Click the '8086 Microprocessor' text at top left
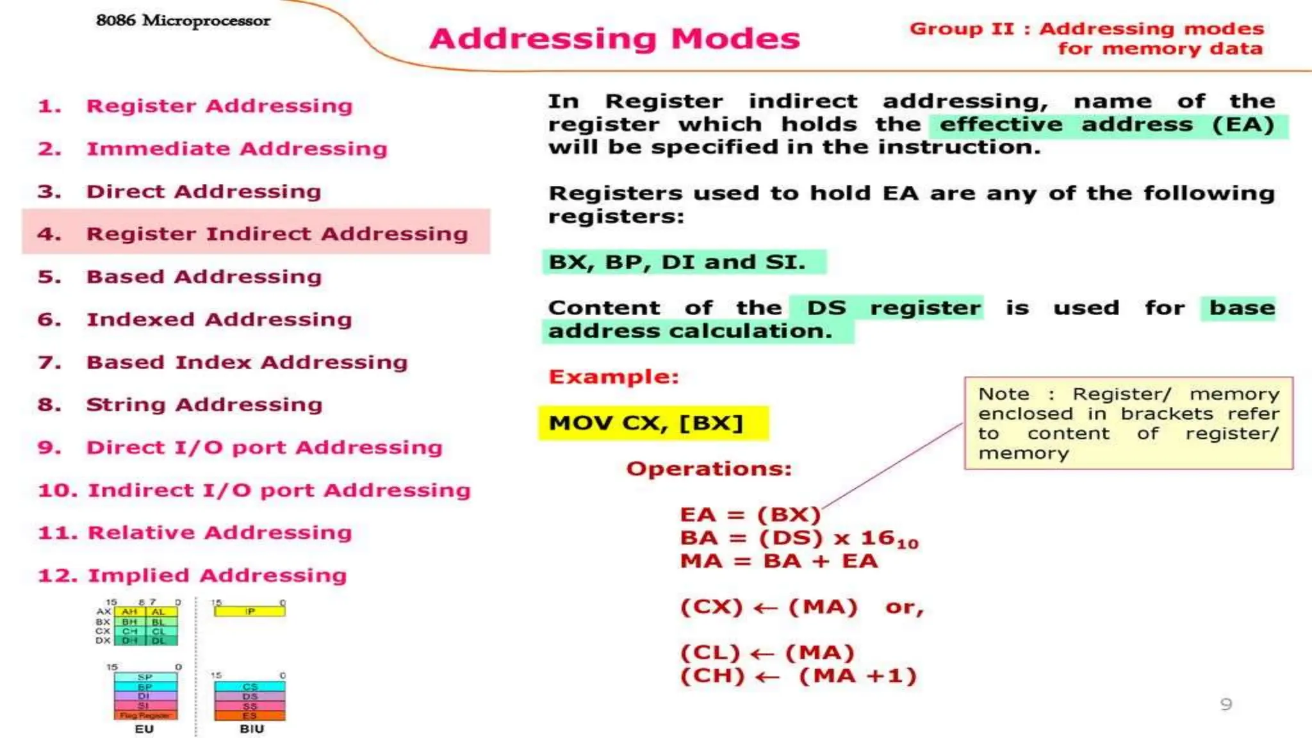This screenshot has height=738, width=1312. (183, 20)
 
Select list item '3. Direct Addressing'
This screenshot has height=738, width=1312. (203, 192)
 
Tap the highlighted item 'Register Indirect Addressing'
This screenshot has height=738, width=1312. (277, 234)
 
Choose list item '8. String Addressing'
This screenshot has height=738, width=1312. (204, 405)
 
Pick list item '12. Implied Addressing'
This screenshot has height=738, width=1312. (217, 575)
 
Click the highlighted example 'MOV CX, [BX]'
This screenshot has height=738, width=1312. (646, 423)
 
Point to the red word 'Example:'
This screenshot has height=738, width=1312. (613, 377)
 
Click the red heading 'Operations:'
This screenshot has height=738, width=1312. (709, 469)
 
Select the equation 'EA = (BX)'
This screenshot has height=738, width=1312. (750, 515)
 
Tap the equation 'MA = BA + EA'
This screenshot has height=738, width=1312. (779, 561)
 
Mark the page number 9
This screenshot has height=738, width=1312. (1226, 705)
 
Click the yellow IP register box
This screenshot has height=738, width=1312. (250, 611)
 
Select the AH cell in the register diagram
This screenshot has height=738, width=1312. (129, 612)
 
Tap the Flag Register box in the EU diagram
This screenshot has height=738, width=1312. (145, 715)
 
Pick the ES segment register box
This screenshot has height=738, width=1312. (250, 715)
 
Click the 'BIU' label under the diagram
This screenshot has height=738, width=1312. (252, 729)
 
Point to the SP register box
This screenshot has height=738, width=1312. (145, 677)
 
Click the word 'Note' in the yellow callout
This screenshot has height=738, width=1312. (1004, 394)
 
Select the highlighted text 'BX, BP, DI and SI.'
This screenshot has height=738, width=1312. (677, 262)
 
